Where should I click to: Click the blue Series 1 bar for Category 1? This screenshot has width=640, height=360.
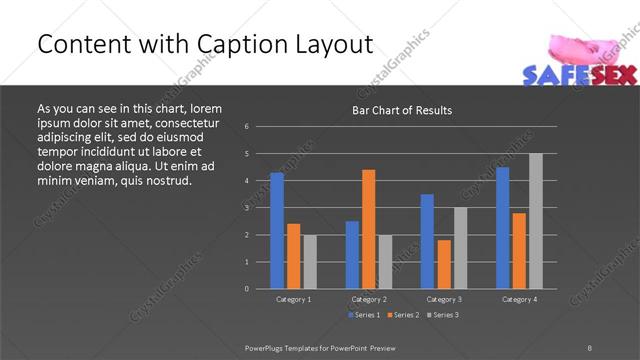277,230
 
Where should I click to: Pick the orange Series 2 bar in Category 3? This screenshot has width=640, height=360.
444,263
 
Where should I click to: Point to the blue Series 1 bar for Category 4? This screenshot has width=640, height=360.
502,227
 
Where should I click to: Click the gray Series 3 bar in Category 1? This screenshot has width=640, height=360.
310,261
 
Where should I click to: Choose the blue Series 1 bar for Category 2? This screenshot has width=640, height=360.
352,254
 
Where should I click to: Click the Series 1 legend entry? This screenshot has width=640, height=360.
365,315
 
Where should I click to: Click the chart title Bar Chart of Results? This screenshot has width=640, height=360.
403,110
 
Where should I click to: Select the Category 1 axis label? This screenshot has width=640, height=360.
293,299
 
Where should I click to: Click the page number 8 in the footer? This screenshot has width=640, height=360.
589,347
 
